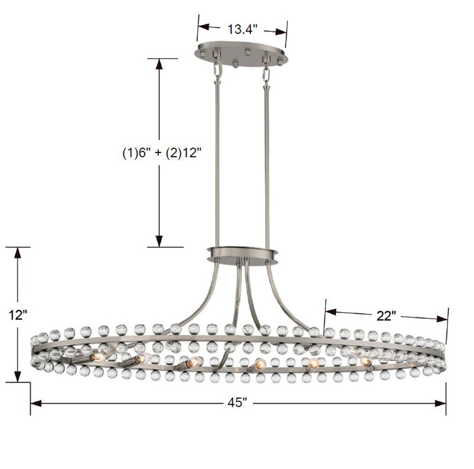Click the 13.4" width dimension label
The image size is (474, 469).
click(242, 30)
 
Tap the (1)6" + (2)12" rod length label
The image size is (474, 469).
click(159, 153)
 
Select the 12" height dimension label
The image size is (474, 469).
click(18, 315)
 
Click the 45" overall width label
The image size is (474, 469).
click(238, 403)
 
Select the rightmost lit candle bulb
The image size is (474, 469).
click(366, 361)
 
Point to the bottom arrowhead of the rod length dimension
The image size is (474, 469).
click(159, 242)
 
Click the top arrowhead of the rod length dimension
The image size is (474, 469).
click(159, 64)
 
